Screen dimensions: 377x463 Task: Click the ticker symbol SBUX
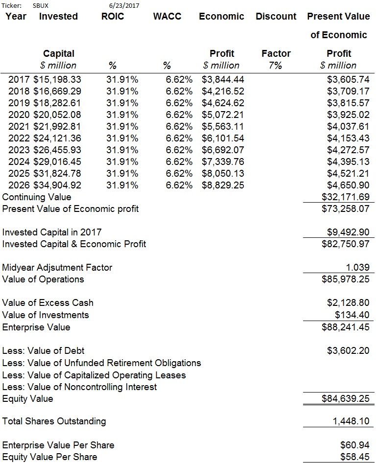[x=41, y=5]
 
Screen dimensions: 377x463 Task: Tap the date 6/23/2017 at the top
[x=124, y=5]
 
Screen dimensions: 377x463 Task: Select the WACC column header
[x=167, y=16]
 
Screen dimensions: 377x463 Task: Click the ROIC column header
[x=113, y=16]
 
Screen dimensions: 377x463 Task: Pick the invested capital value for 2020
[x=57, y=115]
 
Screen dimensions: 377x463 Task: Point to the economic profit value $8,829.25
[x=223, y=185]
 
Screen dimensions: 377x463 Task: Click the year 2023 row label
[x=19, y=150]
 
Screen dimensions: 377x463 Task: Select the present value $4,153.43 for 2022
[x=348, y=138]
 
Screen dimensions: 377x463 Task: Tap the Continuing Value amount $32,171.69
[x=345, y=197]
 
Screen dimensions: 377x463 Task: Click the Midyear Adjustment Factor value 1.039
[x=357, y=268]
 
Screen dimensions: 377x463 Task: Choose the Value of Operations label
[x=43, y=279]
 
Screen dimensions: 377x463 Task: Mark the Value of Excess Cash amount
[x=348, y=302]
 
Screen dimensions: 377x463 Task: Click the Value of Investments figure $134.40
[x=352, y=315]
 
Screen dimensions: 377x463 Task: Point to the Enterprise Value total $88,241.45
[x=345, y=327]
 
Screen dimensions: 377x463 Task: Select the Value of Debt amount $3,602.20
[x=348, y=351]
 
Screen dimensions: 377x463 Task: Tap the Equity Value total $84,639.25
[x=345, y=398]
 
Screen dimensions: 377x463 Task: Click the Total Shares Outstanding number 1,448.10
[x=351, y=421]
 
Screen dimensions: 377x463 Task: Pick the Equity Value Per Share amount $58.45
[x=354, y=457]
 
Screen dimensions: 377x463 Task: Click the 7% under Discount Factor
[x=275, y=65]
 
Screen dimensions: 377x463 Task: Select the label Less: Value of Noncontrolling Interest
[x=79, y=387]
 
